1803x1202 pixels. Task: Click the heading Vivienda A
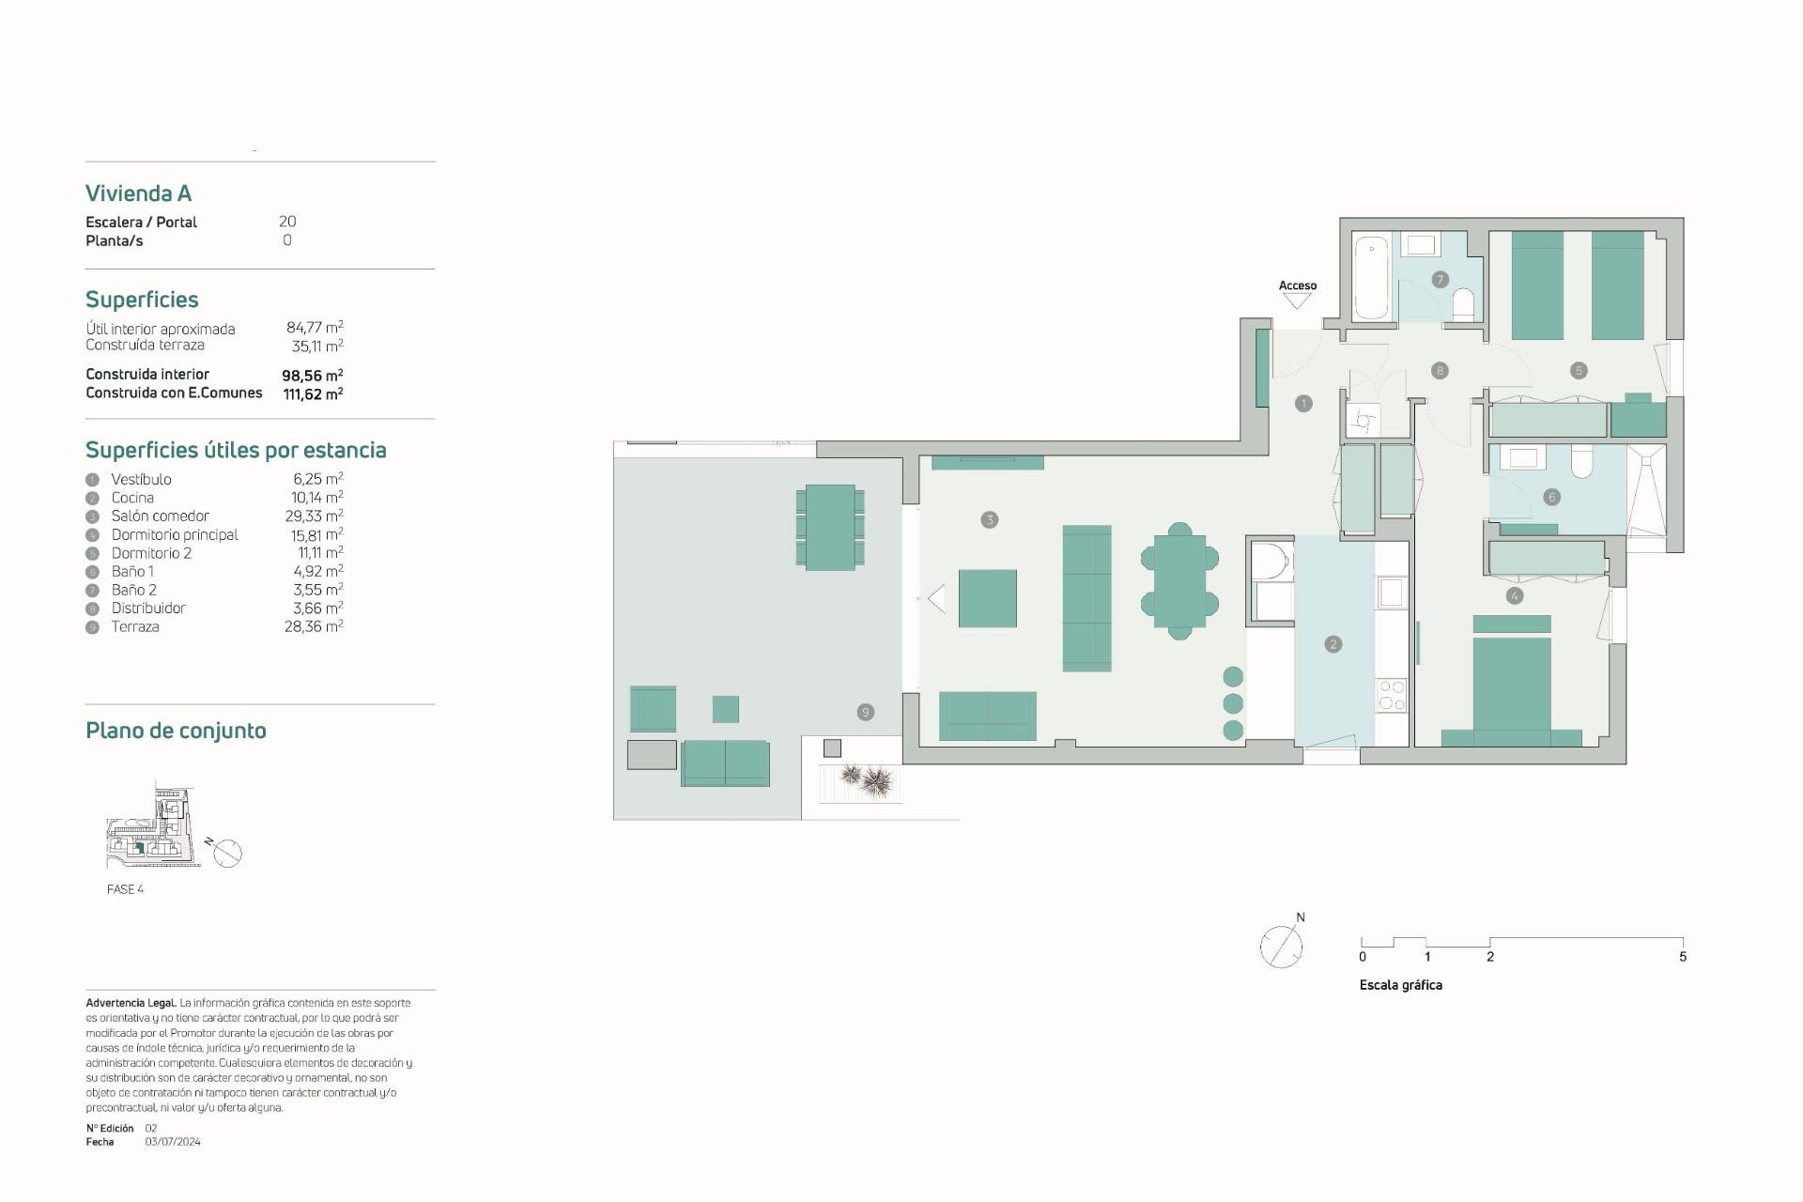(x=138, y=193)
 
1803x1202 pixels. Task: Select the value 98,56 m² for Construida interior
(x=312, y=375)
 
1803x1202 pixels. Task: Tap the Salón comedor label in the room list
(x=160, y=516)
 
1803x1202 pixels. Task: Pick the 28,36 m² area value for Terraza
(x=313, y=626)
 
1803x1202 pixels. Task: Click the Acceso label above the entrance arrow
(x=1297, y=285)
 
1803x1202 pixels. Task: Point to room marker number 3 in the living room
(x=989, y=519)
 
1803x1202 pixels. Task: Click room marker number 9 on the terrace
(x=865, y=712)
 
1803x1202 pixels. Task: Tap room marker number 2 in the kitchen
(x=1333, y=644)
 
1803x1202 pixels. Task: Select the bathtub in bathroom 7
(x=1372, y=277)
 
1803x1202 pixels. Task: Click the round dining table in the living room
(x=1179, y=581)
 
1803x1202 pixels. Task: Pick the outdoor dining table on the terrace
(x=830, y=527)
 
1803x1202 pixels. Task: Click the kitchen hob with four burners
(x=1391, y=695)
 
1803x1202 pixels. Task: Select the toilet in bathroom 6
(x=1581, y=461)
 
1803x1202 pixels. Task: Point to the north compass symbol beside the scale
(x=1281, y=946)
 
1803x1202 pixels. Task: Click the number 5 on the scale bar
(x=1682, y=957)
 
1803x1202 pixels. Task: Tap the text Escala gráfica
(x=1400, y=985)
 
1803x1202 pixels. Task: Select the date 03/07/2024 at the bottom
(x=173, y=1142)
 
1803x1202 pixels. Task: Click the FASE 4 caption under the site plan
(x=125, y=889)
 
